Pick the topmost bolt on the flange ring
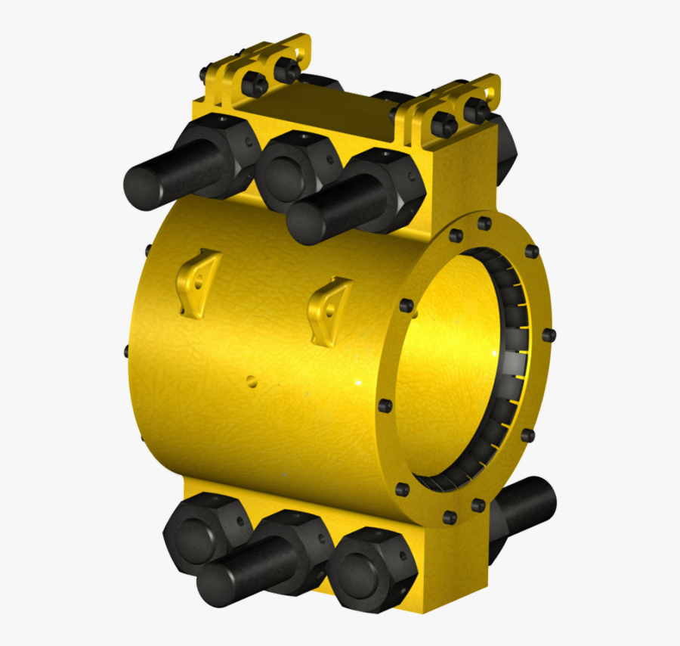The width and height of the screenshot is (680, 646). click(485, 222)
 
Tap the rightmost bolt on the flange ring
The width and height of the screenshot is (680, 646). click(549, 334)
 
